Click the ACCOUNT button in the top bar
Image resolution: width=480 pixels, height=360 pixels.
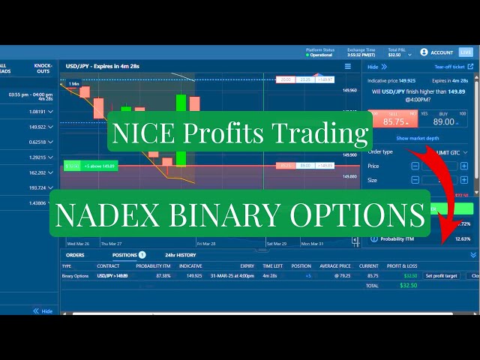pyautogui.click(x=436, y=52)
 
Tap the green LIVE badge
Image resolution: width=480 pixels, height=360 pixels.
pyautogui.click(x=466, y=52)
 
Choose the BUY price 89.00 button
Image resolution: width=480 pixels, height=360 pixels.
pyautogui.click(x=444, y=121)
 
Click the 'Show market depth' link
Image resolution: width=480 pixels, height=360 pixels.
pyautogui.click(x=418, y=139)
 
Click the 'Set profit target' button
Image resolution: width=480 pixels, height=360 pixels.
pyautogui.click(x=441, y=276)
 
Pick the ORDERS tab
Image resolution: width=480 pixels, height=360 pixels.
pyautogui.click(x=75, y=255)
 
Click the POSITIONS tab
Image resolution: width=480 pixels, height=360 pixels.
pyautogui.click(x=124, y=255)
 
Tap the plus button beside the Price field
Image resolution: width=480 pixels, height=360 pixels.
pyautogui.click(x=464, y=166)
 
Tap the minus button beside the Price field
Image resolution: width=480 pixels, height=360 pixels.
pyautogui.click(x=415, y=166)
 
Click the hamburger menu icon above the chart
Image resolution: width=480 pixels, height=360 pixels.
pyautogui.click(x=348, y=66)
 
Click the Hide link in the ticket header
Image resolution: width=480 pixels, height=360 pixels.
pyautogui.click(x=372, y=67)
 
